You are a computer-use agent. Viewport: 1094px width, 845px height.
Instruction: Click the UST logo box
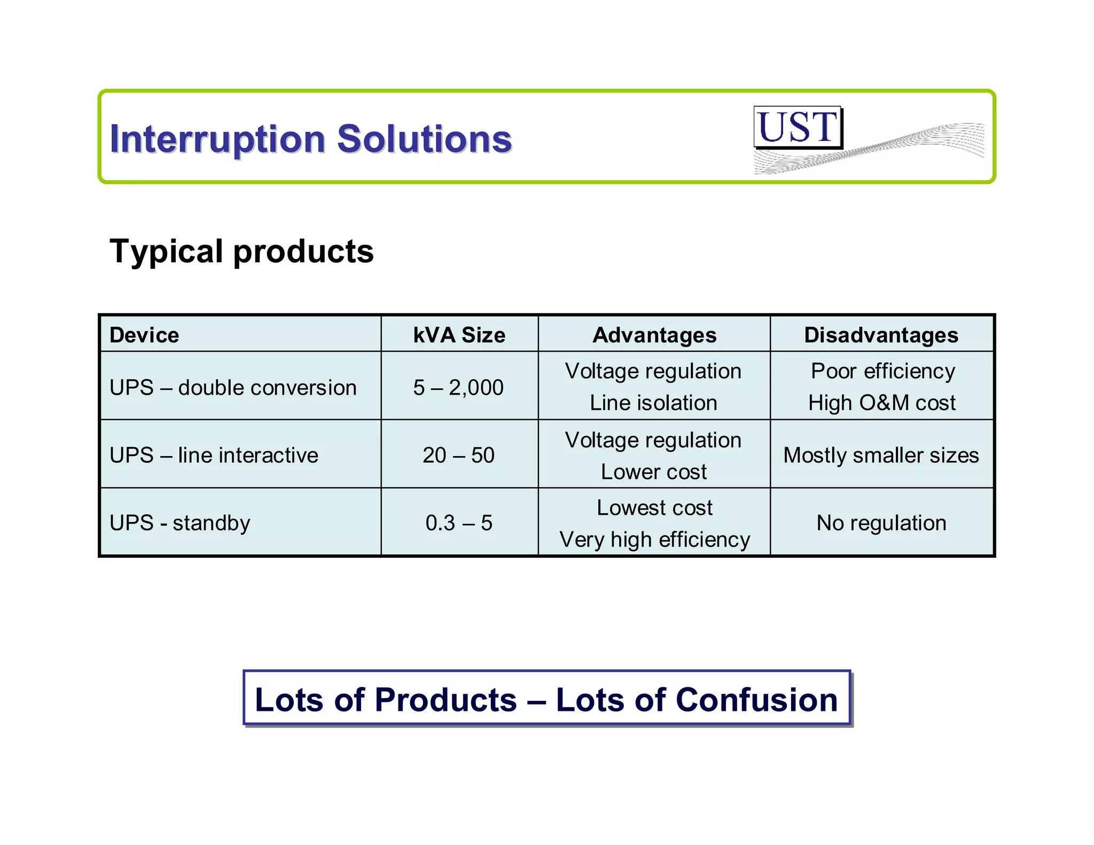coord(798,128)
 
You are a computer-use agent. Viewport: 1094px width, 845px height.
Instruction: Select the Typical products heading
coord(241,252)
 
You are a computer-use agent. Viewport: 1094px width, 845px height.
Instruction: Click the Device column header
coord(144,335)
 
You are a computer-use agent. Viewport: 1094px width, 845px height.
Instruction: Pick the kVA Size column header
coord(459,335)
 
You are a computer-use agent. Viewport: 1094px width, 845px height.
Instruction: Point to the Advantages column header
coord(654,335)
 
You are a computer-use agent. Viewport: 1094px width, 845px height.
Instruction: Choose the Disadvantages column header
coord(881,335)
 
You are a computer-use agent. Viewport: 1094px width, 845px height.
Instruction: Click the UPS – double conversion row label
coord(233,388)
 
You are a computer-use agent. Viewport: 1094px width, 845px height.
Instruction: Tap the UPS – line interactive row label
coord(214,456)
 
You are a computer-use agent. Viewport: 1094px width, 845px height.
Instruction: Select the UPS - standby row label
coord(180,523)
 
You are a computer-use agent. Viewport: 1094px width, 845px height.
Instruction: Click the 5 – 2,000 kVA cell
coord(458,388)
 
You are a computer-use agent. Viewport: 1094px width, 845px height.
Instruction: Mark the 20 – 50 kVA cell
coord(458,456)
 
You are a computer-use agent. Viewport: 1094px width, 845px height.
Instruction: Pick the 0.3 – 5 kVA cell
coord(458,523)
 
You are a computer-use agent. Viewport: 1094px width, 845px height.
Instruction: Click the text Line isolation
coord(653,403)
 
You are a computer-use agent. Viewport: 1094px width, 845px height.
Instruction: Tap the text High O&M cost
coord(881,403)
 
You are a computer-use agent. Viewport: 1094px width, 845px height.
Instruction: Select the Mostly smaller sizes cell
coord(881,456)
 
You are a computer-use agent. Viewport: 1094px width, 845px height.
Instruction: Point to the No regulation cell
coord(881,523)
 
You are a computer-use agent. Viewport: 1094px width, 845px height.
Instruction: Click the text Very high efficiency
coord(654,539)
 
